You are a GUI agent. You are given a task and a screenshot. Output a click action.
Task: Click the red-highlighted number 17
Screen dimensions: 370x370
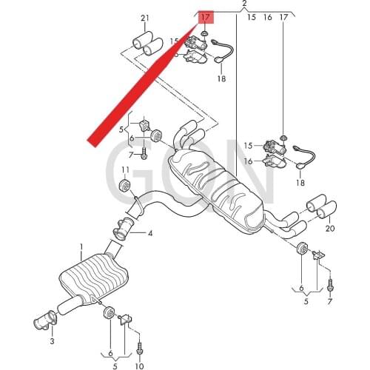pos(205,16)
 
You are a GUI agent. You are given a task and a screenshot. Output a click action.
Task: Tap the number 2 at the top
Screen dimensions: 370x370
pos(244,4)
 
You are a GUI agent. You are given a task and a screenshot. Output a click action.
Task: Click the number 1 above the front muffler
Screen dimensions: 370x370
pos(82,246)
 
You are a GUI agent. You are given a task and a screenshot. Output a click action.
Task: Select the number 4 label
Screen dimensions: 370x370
pos(150,234)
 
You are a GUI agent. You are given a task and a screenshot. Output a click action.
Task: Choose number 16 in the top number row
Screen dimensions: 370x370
pos(268,16)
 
